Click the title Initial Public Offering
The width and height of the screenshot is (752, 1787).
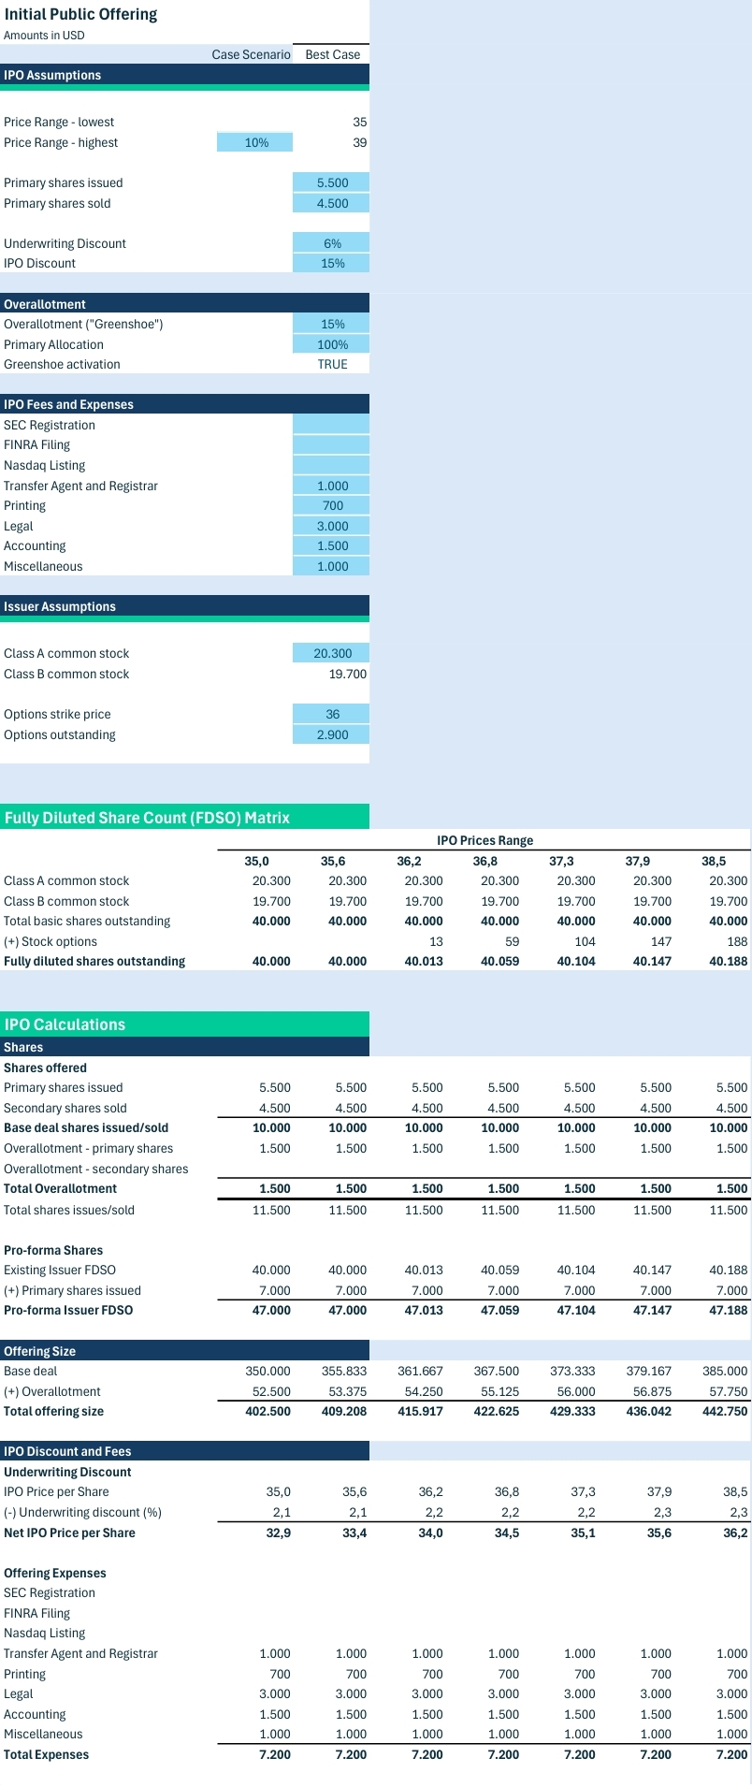pos(80,15)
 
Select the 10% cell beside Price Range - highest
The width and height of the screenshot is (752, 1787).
pos(254,142)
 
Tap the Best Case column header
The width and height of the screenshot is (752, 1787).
pos(332,54)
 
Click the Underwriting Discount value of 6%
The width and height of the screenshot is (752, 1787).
pos(332,243)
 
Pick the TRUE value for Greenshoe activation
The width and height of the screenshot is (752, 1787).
pos(332,364)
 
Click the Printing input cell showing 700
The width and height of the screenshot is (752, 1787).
pos(332,505)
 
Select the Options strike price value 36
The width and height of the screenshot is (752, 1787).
pos(332,714)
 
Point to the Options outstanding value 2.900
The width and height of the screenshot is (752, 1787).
pos(332,734)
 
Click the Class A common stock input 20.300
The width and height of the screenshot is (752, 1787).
pos(332,653)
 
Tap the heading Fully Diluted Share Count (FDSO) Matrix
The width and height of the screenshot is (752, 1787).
pos(147,818)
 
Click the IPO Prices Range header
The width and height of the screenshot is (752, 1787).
pos(484,840)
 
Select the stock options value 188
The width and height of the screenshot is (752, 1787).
pos(738,941)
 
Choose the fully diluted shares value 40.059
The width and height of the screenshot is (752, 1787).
pos(499,961)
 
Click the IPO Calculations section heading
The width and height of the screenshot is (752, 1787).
pos(65,1024)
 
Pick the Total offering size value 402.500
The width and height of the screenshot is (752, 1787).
pos(268,1411)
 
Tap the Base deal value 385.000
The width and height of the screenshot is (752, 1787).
pos(725,1371)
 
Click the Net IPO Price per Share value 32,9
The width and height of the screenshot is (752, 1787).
pos(279,1533)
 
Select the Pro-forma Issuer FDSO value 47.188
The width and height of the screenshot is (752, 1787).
pos(729,1310)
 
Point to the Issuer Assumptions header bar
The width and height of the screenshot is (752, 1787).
pos(184,606)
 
